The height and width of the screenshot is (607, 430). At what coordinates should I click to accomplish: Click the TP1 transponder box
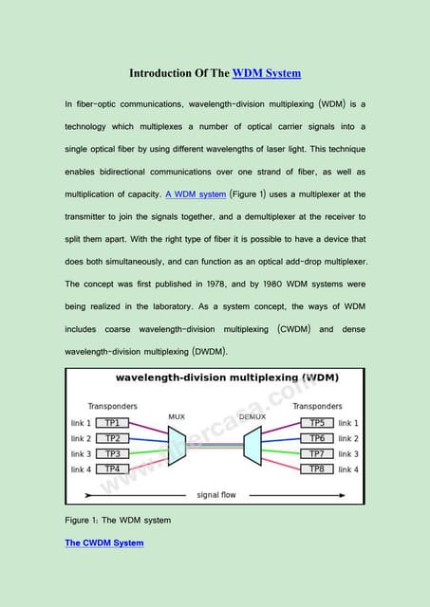(112, 422)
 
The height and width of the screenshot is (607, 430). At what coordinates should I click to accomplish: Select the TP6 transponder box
(317, 438)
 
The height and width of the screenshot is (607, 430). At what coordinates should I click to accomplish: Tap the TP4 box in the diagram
(112, 469)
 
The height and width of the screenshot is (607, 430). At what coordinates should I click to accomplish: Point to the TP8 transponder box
(317, 469)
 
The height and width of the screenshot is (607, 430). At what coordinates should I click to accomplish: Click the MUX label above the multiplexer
(177, 415)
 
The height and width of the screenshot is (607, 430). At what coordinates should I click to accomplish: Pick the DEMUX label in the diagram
(252, 415)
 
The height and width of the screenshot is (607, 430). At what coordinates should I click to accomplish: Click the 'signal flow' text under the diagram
(216, 494)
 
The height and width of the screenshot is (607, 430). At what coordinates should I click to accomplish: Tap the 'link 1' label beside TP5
(348, 422)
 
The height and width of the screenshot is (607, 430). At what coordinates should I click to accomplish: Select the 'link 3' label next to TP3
(82, 453)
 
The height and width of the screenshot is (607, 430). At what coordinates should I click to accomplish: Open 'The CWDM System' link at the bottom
(104, 543)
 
